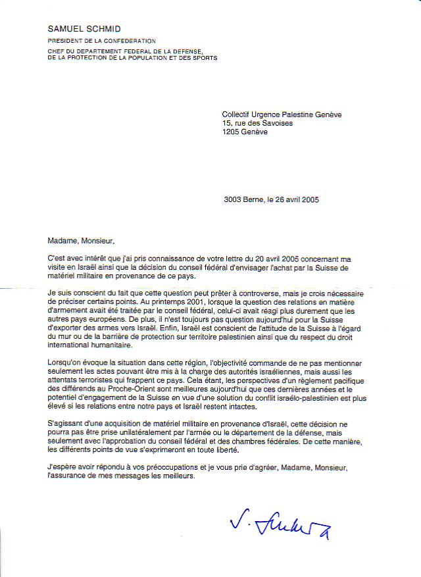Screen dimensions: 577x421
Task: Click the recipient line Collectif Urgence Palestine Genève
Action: coord(282,114)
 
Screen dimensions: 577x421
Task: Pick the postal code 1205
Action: coord(232,132)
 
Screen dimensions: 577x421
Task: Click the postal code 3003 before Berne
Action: coord(234,200)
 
